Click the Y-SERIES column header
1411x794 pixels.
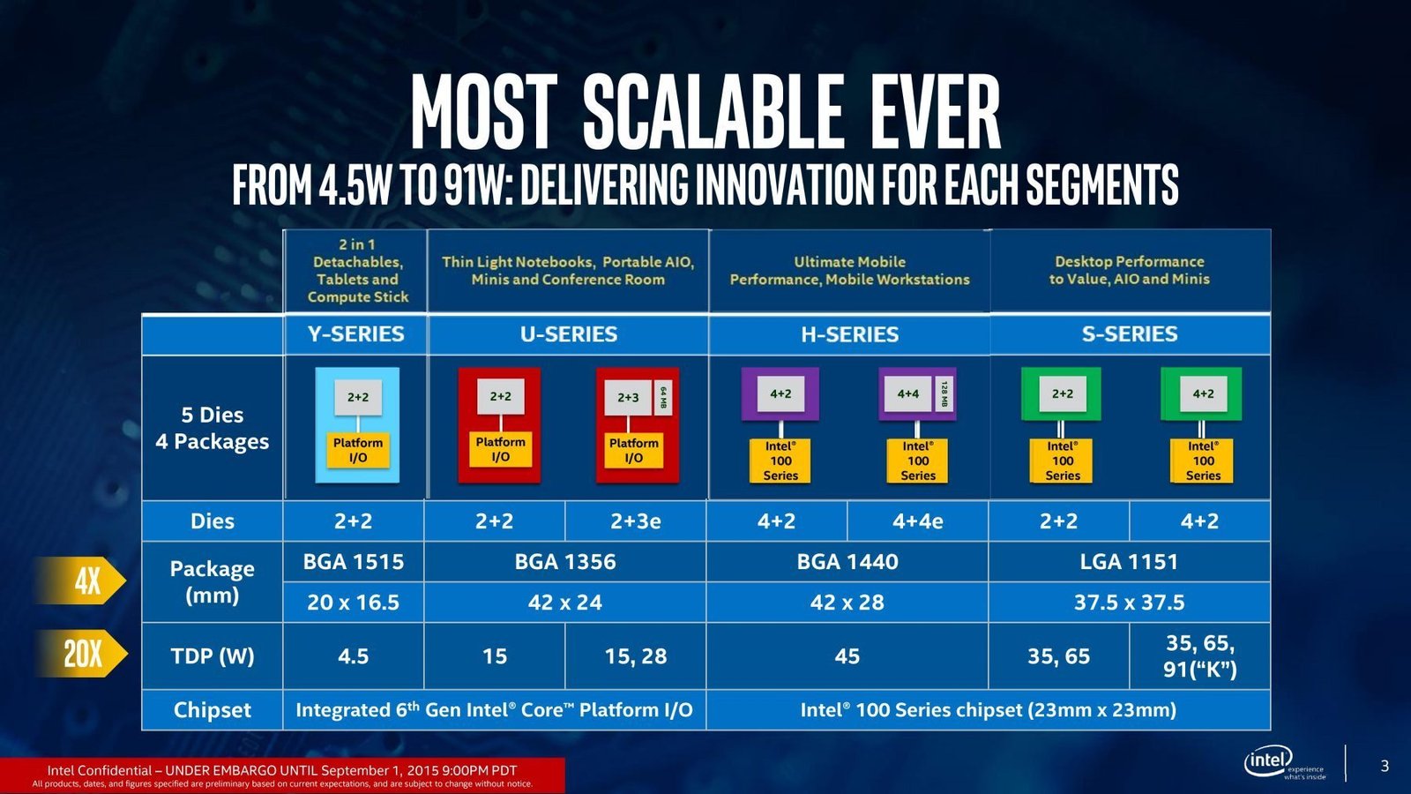coord(356,334)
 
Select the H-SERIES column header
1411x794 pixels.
coord(850,334)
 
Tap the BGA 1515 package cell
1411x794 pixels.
coord(354,561)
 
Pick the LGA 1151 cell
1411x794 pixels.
coord(1129,561)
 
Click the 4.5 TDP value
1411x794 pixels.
coord(354,656)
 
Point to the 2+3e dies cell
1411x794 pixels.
coord(636,521)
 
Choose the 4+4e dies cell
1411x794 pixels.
coord(918,521)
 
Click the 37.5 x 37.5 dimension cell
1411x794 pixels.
coord(1129,603)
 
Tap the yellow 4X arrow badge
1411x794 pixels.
coord(80,581)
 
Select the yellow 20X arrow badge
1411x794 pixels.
coord(82,654)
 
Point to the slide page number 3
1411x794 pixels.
coord(1385,766)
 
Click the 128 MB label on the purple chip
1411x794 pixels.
coord(944,393)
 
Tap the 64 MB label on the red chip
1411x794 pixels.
coord(662,398)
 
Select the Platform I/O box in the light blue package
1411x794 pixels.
coord(358,450)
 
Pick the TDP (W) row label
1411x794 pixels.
coord(213,656)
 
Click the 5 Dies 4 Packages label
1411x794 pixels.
coord(213,428)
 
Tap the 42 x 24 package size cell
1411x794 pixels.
coord(565,603)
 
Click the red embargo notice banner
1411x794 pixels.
coord(282,775)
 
